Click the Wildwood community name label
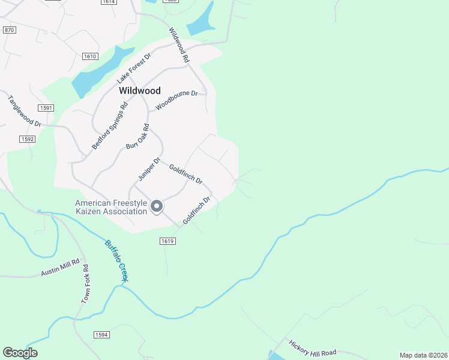click(x=140, y=91)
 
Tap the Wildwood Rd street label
click(x=179, y=46)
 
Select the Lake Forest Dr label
click(x=134, y=67)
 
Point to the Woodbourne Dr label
click(x=176, y=100)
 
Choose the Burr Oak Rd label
click(x=137, y=137)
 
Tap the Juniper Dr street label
click(x=149, y=169)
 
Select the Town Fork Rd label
click(x=85, y=284)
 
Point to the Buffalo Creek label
click(x=116, y=261)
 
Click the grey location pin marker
click(x=157, y=206)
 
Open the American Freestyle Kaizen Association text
click(x=111, y=207)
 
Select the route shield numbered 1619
click(x=167, y=241)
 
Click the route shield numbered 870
click(x=9, y=30)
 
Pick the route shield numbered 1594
click(x=101, y=334)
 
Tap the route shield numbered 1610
click(x=90, y=56)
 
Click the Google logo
click(x=20, y=353)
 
